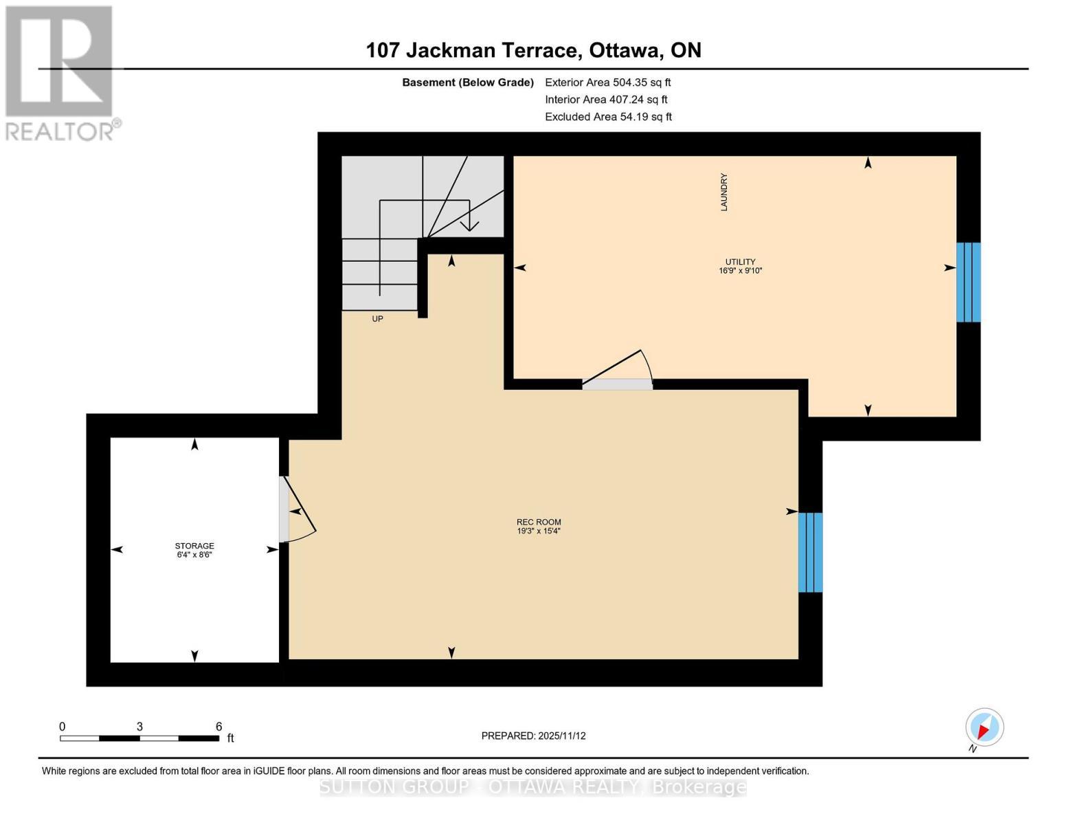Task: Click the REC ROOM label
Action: (x=539, y=522)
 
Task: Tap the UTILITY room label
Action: (x=740, y=261)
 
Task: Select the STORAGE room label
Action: (x=194, y=545)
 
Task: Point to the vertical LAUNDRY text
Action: (x=723, y=192)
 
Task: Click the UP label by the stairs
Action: (x=377, y=319)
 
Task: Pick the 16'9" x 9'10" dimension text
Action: (x=740, y=271)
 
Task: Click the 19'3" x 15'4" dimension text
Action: (x=539, y=531)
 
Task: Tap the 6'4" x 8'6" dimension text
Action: (x=194, y=554)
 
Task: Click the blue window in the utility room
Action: (x=968, y=282)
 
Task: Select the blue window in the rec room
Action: (x=810, y=552)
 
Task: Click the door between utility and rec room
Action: (x=617, y=384)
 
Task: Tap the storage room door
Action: (x=284, y=509)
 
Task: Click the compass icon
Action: (x=985, y=727)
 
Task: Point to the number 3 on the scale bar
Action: (x=139, y=726)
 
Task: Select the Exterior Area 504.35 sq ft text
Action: (x=607, y=82)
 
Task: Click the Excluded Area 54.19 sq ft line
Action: (x=608, y=117)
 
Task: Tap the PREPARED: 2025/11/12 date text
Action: (x=533, y=736)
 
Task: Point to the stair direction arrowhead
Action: (x=470, y=225)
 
